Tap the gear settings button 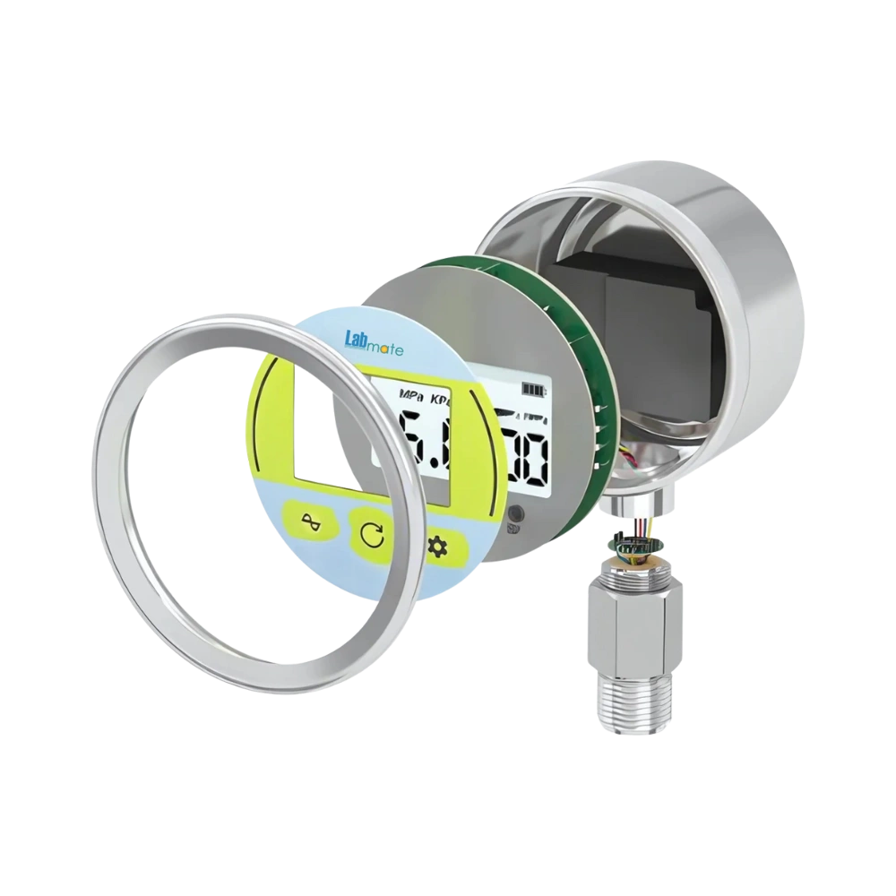click(437, 546)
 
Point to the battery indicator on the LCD click(534, 391)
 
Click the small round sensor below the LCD click(517, 514)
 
